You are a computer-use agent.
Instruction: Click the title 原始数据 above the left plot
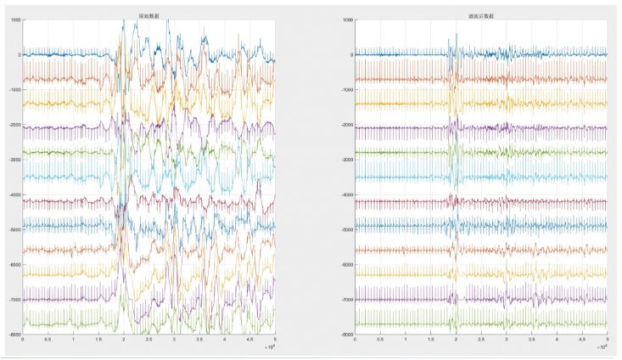point(149,15)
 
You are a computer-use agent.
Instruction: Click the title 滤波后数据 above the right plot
point(480,15)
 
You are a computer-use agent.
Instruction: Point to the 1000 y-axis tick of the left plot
point(15,20)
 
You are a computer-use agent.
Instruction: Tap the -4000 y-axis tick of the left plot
point(14,194)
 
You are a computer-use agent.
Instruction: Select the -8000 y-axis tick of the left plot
point(14,335)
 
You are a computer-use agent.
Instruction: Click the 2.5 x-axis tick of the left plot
point(149,340)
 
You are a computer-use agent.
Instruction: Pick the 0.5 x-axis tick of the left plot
point(48,340)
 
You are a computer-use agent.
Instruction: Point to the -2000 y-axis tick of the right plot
point(345,125)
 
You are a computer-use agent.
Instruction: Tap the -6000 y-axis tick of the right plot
point(345,265)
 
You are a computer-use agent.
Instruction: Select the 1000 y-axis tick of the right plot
point(347,20)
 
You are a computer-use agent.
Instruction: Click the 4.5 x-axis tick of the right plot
point(582,340)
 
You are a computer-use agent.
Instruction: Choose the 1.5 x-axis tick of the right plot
point(430,340)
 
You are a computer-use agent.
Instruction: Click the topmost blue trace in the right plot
point(390,54)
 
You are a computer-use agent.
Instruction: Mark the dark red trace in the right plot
point(390,202)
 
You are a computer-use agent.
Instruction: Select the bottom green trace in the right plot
point(390,323)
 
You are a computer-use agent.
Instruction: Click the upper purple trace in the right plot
point(390,128)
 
